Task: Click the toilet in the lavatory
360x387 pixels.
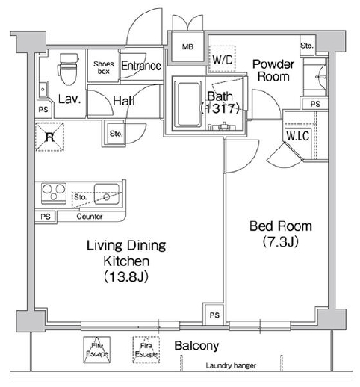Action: [68, 69]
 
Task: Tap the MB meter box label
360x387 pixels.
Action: [187, 46]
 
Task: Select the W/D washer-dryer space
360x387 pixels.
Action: [222, 59]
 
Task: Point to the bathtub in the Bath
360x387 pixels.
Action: [188, 104]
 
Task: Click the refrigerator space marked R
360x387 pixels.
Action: [49, 137]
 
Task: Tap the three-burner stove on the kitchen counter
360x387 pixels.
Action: [54, 193]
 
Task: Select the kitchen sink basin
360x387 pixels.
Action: [107, 194]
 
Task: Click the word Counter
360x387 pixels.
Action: [90, 217]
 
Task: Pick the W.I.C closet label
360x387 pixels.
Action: [298, 136]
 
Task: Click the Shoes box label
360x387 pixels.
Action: [104, 67]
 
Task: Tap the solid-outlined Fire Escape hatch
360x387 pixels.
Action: [97, 350]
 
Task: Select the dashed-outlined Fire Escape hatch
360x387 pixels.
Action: [146, 350]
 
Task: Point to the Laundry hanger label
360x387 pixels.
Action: [231, 365]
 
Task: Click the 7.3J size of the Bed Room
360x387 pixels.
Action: [281, 241]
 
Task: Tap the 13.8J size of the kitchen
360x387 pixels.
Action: [126, 276]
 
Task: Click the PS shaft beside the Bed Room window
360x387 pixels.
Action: [214, 315]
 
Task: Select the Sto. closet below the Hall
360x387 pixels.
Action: [116, 134]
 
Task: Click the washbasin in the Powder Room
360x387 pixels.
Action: [316, 77]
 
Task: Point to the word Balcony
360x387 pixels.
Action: [196, 346]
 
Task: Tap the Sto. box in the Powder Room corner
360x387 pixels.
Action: [307, 46]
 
